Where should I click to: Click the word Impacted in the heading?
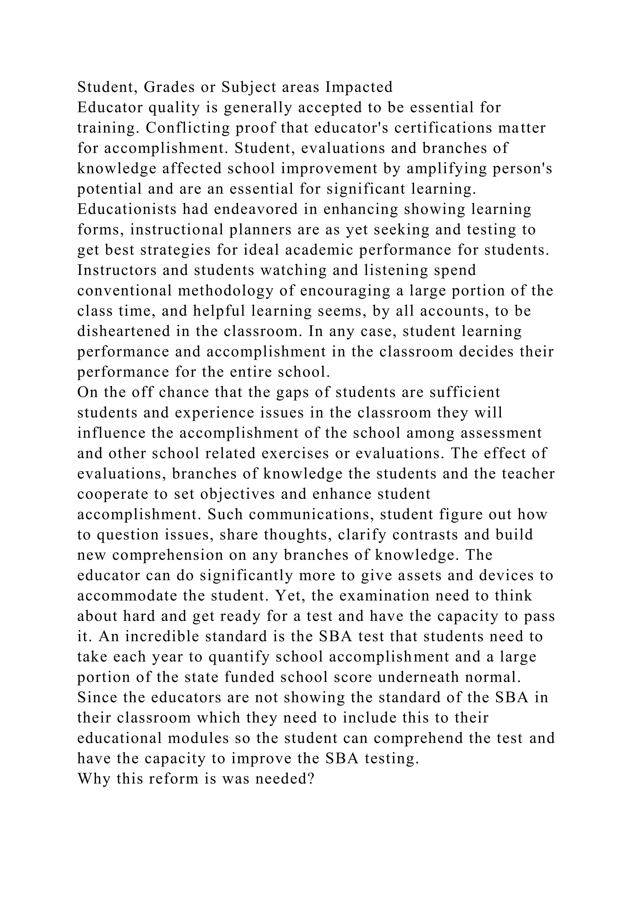pyautogui.click(x=359, y=87)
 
